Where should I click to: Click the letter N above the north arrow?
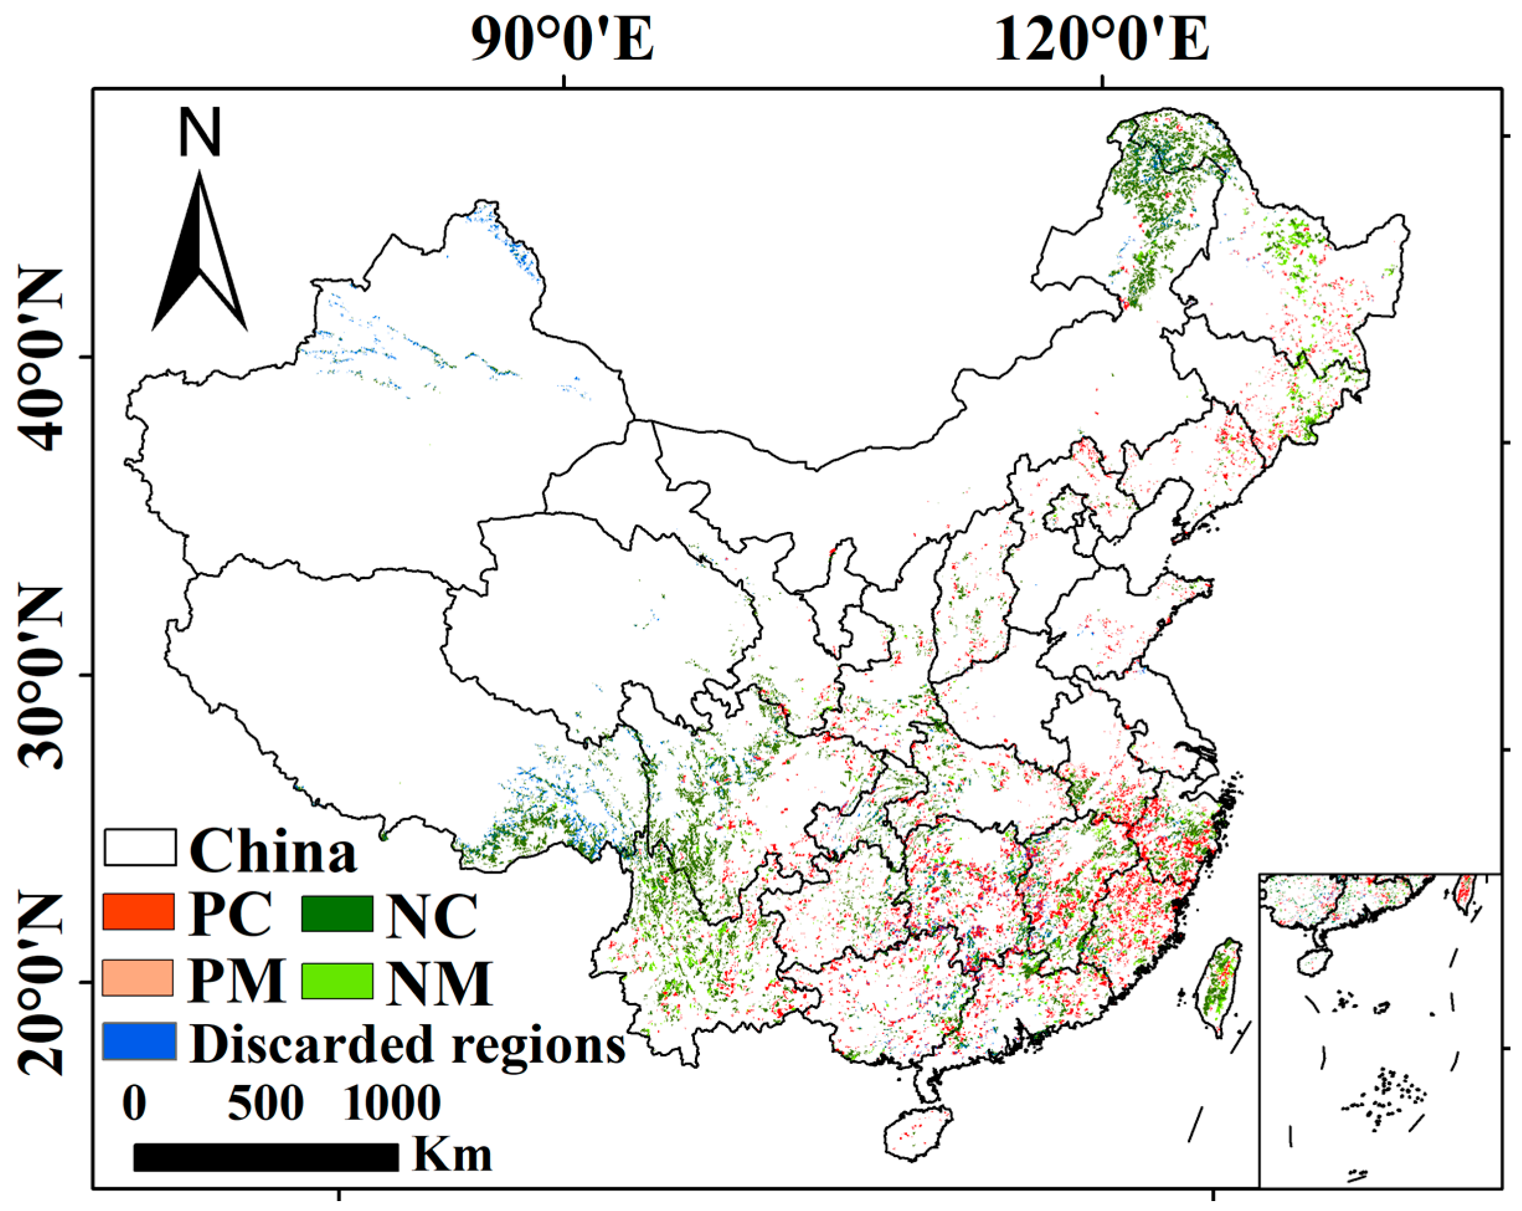click(x=200, y=133)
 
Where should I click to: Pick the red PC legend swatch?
click(x=138, y=912)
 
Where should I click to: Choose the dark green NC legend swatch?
click(x=337, y=913)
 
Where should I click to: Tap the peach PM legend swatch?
click(x=138, y=977)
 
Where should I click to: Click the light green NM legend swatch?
click(x=337, y=980)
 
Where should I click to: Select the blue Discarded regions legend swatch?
click(x=139, y=1041)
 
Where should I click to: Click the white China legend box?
click(x=140, y=847)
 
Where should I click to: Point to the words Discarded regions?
click(x=407, y=1043)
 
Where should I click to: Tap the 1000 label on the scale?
click(x=392, y=1103)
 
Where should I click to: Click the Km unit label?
click(x=452, y=1156)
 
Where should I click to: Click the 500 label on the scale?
click(x=266, y=1103)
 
